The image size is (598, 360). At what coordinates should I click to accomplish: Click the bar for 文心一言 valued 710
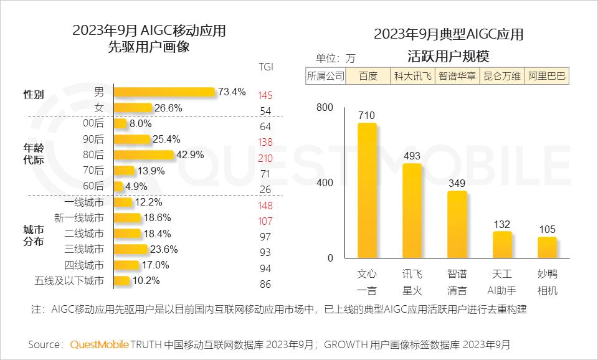367,190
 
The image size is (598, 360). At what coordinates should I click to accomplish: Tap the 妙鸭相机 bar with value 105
547,247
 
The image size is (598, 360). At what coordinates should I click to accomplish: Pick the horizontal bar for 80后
143,155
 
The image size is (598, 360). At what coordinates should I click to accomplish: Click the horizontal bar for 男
164,92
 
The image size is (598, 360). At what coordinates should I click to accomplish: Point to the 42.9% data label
190,155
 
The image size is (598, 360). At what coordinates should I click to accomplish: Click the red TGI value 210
265,158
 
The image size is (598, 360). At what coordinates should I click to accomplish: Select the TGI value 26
265,189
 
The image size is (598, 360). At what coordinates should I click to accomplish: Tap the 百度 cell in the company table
368,76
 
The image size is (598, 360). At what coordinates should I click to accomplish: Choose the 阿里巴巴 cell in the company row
547,76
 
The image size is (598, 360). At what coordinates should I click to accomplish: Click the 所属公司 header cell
325,76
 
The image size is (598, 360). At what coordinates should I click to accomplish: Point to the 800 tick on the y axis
325,107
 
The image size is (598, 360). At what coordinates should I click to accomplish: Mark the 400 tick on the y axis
325,182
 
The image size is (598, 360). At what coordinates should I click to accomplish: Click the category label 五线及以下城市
69,281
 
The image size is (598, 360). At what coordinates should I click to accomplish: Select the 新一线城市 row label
79,218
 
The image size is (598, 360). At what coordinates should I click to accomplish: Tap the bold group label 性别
34,95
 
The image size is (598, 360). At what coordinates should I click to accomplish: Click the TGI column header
265,67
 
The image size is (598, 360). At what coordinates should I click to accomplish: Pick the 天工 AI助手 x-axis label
501,282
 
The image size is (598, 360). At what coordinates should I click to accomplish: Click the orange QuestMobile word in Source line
99,344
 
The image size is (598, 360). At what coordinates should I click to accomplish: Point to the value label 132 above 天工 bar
502,224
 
